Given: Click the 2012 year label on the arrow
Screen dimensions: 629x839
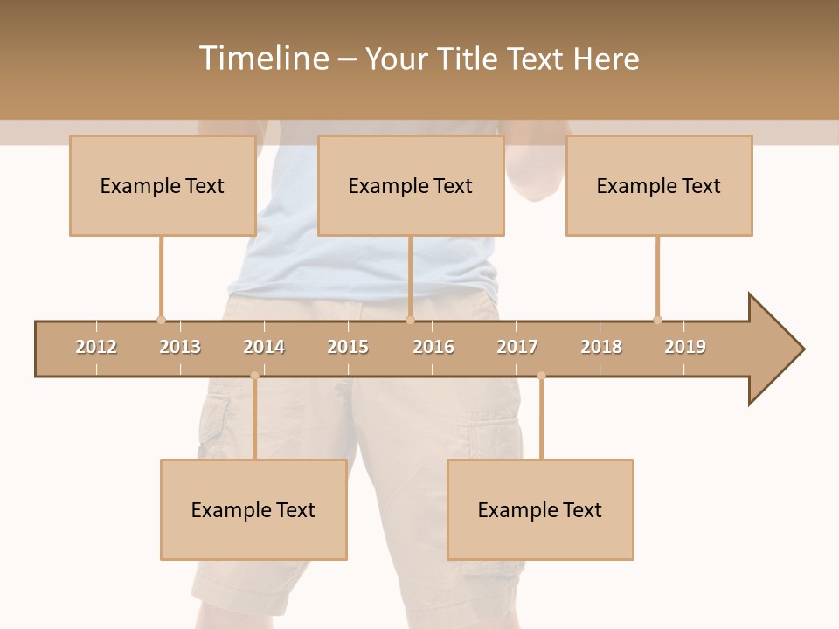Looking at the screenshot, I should tap(96, 347).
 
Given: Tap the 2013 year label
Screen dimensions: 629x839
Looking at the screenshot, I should tap(180, 347).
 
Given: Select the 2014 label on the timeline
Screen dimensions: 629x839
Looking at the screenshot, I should tap(264, 347).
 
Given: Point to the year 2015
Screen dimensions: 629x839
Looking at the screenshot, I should tap(348, 347).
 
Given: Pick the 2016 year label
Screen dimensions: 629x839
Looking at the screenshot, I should tap(433, 347).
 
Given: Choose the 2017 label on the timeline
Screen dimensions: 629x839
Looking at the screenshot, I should tap(517, 347).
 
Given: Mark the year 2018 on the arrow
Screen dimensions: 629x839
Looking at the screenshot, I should tap(601, 347).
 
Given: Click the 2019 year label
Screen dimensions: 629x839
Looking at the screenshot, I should tap(685, 347).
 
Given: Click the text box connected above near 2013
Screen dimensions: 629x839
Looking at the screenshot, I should tap(163, 185).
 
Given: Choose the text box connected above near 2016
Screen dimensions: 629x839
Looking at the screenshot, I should tap(411, 185).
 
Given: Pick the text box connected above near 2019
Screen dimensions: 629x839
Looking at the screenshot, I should tap(659, 185).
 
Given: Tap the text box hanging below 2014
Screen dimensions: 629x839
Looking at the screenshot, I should tap(253, 509).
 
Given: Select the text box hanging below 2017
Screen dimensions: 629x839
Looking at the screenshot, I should tap(540, 509).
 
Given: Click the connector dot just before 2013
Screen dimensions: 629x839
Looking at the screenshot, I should tap(161, 320).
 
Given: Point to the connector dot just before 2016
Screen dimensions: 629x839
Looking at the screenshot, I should tap(410, 320).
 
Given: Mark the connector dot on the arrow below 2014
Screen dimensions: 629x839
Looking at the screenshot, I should tap(254, 376).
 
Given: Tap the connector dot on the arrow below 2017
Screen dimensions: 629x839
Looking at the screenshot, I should tap(541, 376).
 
